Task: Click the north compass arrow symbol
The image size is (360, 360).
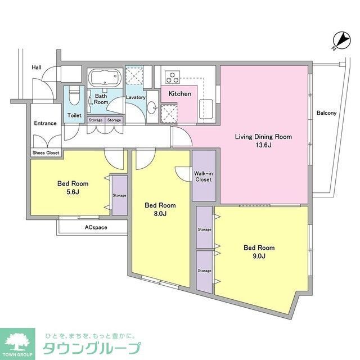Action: point(341,40)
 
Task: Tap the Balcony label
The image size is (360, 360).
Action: point(326,113)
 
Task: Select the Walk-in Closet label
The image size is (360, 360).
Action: point(203,177)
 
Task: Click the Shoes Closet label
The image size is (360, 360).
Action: point(46,152)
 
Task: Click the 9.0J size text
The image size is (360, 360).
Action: point(259,256)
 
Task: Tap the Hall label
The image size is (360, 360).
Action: point(37,68)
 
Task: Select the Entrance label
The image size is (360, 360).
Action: point(46,123)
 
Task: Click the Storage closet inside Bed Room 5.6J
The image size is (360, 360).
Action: point(119,195)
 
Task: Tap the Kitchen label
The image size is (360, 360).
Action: point(180,93)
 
